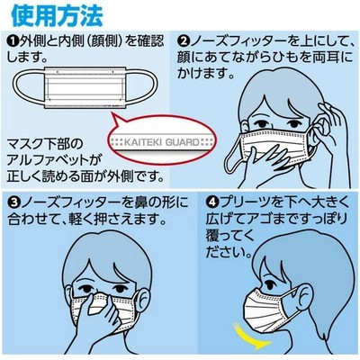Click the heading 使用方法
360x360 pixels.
point(57,15)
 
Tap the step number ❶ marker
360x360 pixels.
point(13,40)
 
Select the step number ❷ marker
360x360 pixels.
point(183,40)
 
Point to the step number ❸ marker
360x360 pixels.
point(13,203)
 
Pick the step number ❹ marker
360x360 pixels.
point(211,203)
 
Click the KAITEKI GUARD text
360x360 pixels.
point(162,142)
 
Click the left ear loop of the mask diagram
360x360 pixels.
point(30,85)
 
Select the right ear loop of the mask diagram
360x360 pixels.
point(141,85)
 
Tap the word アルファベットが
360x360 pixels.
point(53,160)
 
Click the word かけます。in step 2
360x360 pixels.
point(205,73)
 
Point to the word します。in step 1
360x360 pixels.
point(27,57)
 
